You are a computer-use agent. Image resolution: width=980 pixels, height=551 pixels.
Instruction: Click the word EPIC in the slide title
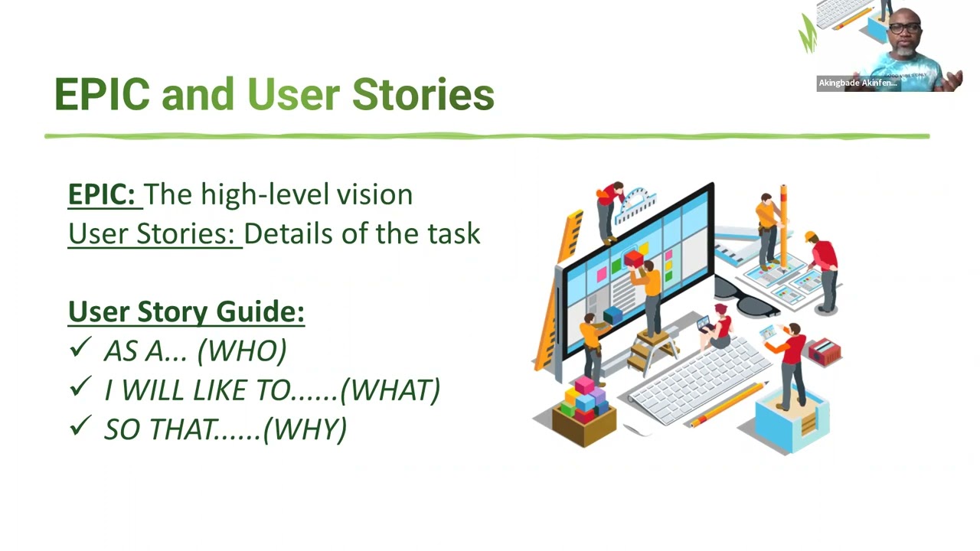point(102,94)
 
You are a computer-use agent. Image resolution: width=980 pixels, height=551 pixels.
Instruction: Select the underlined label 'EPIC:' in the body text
point(105,194)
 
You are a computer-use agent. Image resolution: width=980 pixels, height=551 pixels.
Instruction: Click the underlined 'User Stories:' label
point(154,233)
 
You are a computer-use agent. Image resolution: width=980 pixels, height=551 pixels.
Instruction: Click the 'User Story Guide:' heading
point(186,311)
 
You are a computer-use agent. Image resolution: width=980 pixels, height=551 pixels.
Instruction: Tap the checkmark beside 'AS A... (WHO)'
point(80,349)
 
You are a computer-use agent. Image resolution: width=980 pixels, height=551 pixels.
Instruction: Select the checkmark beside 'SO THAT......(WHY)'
point(80,427)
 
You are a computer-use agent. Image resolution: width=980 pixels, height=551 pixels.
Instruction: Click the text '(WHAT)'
point(390,390)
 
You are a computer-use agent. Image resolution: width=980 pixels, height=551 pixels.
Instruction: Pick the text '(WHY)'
point(305,429)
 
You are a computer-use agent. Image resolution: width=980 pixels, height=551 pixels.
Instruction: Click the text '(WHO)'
point(242,350)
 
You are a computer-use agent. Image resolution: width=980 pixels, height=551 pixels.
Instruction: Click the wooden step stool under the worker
point(652,352)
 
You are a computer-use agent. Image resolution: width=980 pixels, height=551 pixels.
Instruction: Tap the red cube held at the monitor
point(633,259)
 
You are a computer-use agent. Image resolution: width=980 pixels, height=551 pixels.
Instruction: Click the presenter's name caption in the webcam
point(857,83)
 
